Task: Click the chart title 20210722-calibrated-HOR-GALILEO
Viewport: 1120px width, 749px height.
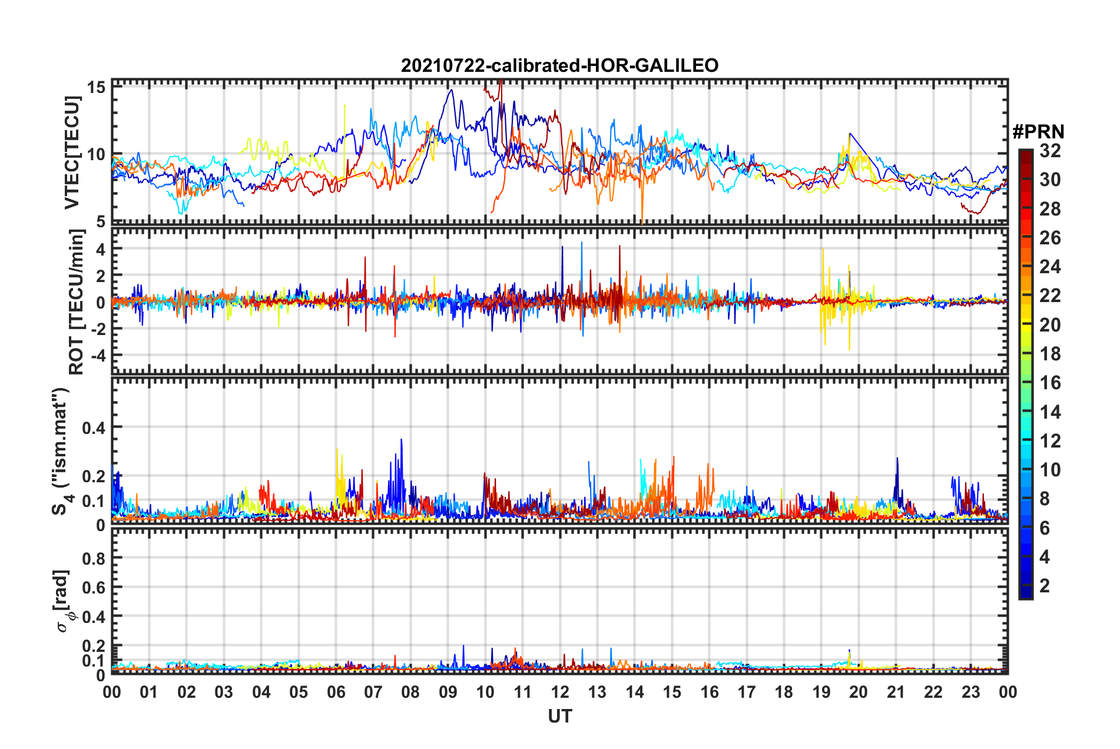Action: [559, 65]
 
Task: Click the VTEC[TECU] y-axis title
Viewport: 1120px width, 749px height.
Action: [72, 153]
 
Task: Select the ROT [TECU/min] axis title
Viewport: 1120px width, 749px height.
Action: [77, 302]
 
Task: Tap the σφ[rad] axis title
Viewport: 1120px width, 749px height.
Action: [64, 601]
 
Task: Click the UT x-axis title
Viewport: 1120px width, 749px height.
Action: [559, 716]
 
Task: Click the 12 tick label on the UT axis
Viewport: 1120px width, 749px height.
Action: [560, 692]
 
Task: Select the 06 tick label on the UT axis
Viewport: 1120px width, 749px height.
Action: [336, 692]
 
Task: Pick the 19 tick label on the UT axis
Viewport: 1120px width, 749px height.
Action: [821, 692]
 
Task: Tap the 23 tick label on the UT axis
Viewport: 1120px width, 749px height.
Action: [970, 692]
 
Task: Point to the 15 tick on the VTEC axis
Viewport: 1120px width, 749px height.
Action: [97, 88]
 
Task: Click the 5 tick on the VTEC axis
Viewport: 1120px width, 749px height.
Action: [101, 222]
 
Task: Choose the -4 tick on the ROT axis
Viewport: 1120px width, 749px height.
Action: [98, 356]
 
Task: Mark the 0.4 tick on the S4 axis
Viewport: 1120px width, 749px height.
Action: [94, 427]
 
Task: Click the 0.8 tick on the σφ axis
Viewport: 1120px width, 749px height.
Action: [94, 558]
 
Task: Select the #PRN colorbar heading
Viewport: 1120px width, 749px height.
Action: [1038, 131]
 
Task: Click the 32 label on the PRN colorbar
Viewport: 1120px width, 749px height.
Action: [1050, 151]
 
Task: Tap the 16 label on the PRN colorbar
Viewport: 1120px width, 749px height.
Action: [1050, 383]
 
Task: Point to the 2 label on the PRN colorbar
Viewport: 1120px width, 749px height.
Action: [1045, 586]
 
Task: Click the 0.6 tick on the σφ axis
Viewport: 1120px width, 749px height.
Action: [94, 588]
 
